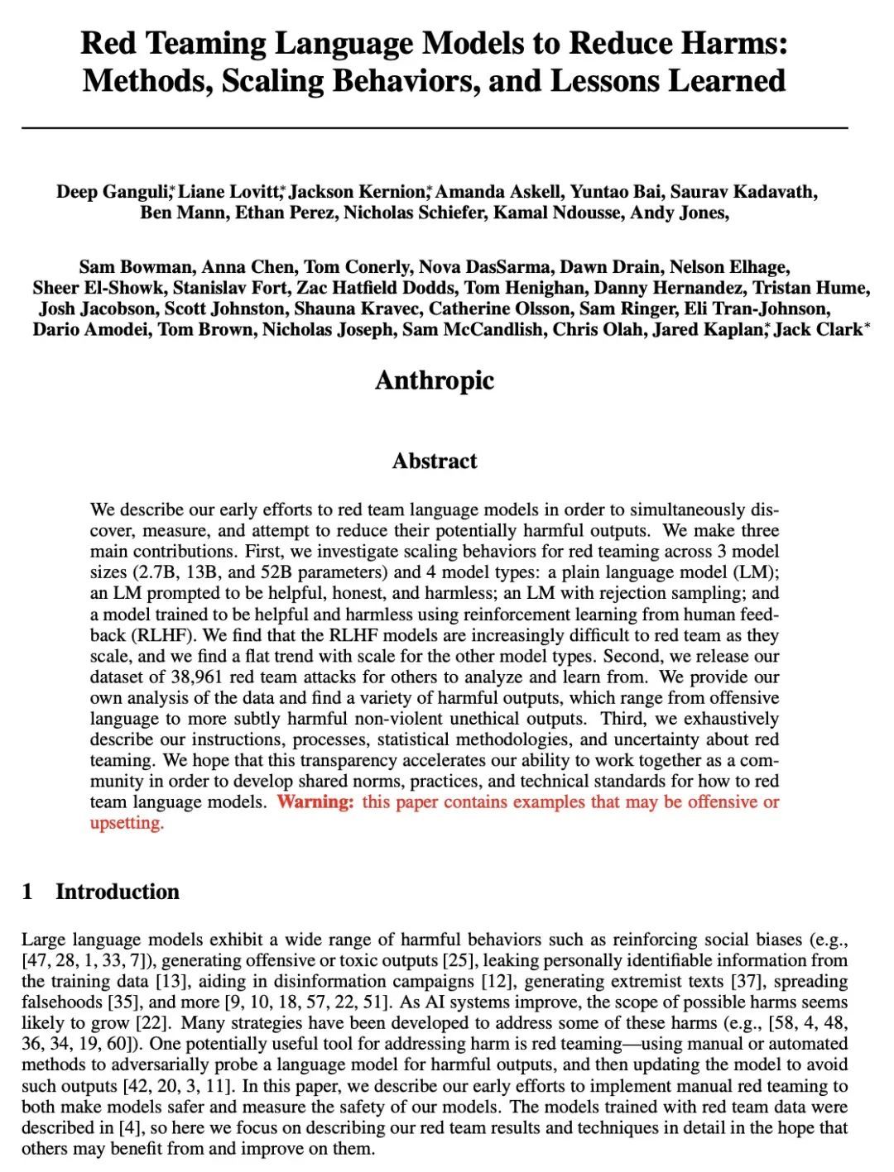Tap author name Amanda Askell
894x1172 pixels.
coord(499,192)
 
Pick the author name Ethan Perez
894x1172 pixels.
coord(286,213)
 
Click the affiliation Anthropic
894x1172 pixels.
coord(435,380)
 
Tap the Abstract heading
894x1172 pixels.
coord(435,461)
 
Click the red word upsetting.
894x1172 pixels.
coord(127,822)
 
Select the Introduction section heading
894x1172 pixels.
coord(118,892)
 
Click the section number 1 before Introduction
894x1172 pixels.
coord(28,892)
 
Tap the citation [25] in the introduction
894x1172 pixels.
coord(459,960)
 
